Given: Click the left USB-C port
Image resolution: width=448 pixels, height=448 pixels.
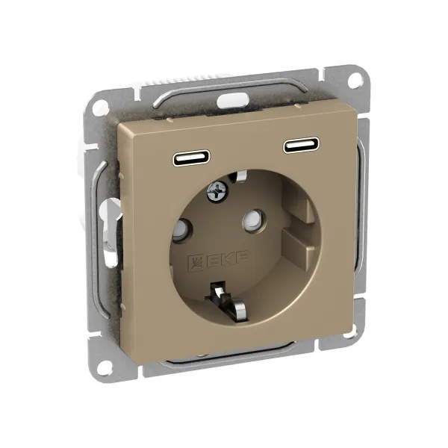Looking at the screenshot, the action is click(x=191, y=158).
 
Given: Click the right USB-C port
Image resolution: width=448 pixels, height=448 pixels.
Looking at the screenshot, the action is click(x=301, y=146).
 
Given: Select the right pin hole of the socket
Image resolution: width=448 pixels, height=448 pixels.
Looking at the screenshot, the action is click(x=252, y=219).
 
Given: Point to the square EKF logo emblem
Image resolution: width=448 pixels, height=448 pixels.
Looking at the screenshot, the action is click(x=195, y=262).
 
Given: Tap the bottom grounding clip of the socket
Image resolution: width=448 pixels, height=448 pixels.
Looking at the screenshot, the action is click(x=228, y=304).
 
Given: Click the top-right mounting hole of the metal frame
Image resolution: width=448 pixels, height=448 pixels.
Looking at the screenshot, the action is click(x=354, y=78).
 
